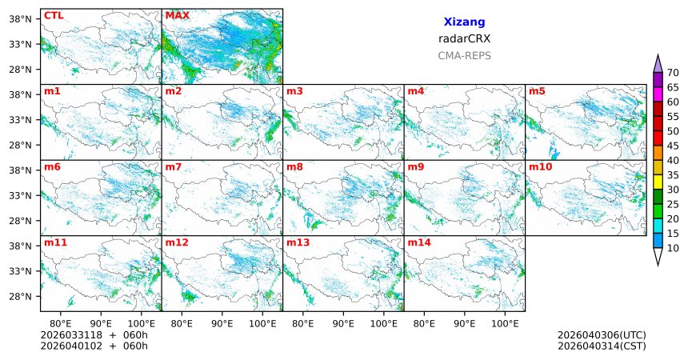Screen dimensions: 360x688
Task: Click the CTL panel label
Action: pos(54,15)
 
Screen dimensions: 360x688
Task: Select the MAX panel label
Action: pos(177,15)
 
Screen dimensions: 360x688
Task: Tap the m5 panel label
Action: pos(536,91)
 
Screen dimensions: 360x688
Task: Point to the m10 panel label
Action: pos(540,166)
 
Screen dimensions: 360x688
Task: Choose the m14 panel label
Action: pos(419,242)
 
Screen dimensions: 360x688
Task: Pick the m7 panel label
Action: pos(174,166)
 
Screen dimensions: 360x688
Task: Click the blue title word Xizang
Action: pos(464,22)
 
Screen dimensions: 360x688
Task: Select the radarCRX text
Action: pos(464,38)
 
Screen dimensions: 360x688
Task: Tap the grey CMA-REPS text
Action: pos(464,56)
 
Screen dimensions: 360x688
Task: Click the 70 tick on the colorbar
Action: pos(673,72)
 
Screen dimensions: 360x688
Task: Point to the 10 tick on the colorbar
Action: pos(673,249)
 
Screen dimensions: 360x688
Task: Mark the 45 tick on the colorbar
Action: pos(673,146)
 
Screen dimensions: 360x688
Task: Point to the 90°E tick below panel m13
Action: pos(343,323)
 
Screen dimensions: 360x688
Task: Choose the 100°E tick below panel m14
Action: pos(506,323)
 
